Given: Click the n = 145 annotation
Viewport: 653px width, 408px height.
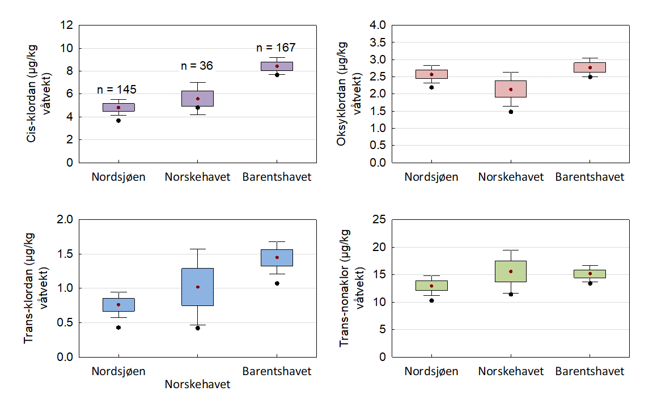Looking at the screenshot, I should (117, 90).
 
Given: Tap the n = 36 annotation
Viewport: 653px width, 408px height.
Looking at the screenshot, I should (197, 66).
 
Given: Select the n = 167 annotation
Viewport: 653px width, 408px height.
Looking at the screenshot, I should (277, 48).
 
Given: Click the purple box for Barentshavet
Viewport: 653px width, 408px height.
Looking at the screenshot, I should (277, 66).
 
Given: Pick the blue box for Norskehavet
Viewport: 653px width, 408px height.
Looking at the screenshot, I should (197, 287).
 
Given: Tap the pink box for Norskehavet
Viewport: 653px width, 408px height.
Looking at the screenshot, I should (511, 89).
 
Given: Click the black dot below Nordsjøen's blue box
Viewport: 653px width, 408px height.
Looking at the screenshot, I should (118, 328).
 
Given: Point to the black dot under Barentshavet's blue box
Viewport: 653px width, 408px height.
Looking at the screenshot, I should (277, 283).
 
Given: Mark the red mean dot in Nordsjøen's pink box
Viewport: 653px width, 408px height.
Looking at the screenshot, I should (431, 74).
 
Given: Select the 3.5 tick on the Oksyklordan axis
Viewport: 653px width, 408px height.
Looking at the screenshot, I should (378, 42).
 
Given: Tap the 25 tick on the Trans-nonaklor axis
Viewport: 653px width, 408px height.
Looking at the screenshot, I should (380, 220).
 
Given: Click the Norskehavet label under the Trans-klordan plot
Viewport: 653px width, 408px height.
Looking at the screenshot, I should (197, 384).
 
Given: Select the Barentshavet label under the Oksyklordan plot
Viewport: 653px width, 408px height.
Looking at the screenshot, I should (590, 177).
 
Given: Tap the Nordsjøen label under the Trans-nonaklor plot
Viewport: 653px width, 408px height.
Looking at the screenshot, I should (431, 372).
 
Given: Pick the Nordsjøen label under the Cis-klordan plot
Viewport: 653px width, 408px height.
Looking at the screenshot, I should (118, 177).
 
